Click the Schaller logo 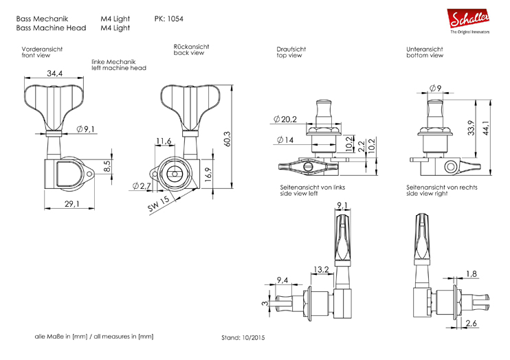[x=470, y=20]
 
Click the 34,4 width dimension [x=56, y=74]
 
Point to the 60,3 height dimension [x=226, y=138]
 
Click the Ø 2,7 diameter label [x=141, y=186]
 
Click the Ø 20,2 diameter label [x=284, y=120]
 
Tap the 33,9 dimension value [x=472, y=128]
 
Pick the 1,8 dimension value [x=471, y=274]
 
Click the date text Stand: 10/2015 [x=243, y=337]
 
